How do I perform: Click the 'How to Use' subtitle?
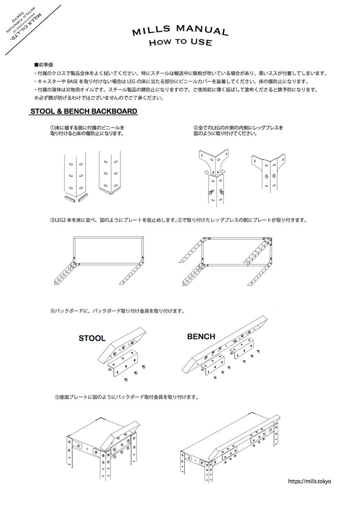pyautogui.click(x=180, y=43)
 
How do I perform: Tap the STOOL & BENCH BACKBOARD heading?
pyautogui.click(x=84, y=111)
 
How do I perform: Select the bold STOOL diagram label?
pyautogui.click(x=92, y=338)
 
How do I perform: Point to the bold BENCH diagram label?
pyautogui.click(x=201, y=337)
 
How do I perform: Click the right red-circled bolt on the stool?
pyautogui.click(x=128, y=440)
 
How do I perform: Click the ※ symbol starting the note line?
pyautogui.click(x=36, y=98)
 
